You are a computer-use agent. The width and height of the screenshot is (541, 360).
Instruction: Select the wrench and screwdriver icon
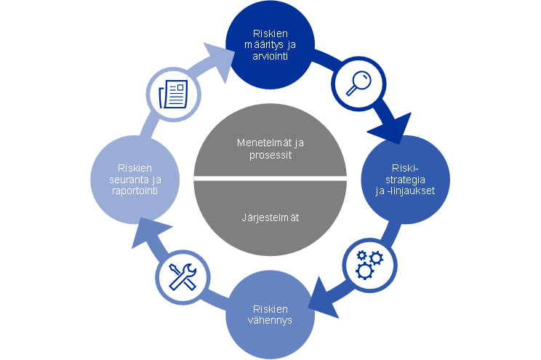181,277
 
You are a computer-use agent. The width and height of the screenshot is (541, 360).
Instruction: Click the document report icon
172,93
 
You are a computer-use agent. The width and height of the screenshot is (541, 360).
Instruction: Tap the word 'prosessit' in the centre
270,156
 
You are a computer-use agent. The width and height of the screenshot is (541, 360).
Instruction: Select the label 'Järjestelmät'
270,216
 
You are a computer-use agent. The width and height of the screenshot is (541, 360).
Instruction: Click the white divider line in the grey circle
270,178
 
